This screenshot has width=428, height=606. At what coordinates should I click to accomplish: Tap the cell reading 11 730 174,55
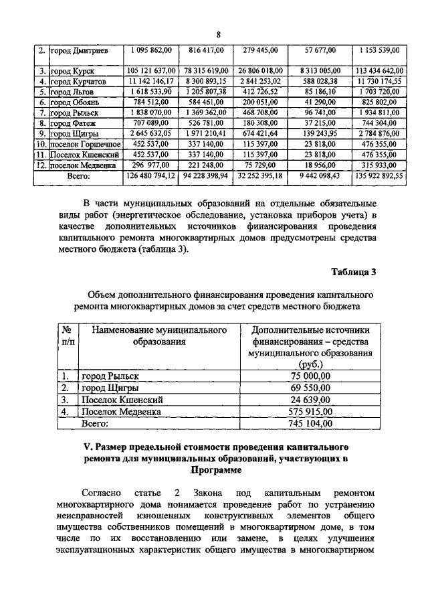click(379, 81)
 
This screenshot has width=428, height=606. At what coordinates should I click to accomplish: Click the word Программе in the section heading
click(214, 471)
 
